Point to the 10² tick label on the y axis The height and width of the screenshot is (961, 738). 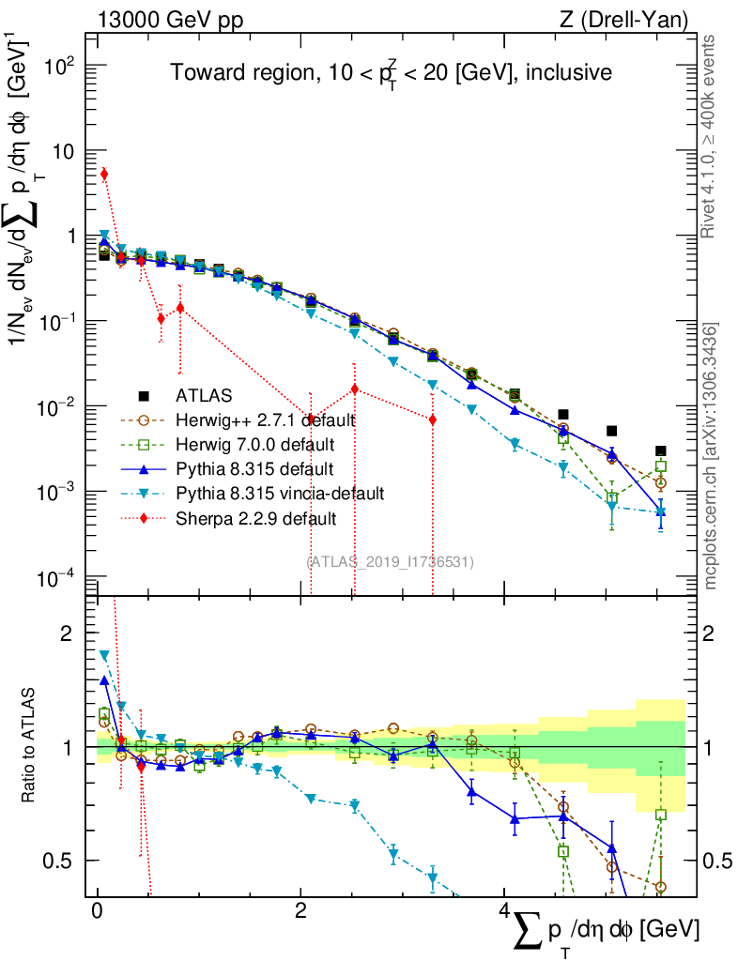click(58, 66)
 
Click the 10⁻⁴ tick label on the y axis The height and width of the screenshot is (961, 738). click(58, 577)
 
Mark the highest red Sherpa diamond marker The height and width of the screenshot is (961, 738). click(104, 174)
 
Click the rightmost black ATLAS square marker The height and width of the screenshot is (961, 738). click(661, 450)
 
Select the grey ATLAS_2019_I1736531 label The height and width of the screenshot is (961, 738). click(390, 561)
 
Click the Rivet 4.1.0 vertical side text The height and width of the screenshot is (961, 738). click(711, 136)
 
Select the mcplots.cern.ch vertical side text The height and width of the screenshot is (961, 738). click(711, 455)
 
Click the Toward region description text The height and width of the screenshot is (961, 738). click(392, 73)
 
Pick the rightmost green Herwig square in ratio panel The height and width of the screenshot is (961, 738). click(661, 815)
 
